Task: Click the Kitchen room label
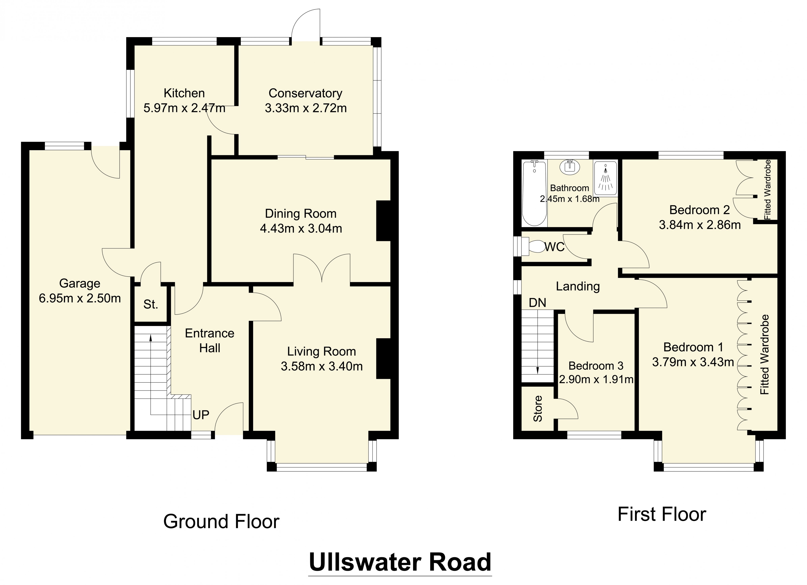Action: [184, 93]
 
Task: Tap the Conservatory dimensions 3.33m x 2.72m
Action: [306, 108]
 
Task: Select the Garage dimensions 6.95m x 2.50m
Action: [80, 298]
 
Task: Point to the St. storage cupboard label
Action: [150, 304]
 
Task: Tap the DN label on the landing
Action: [537, 303]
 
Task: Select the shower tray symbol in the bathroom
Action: [605, 178]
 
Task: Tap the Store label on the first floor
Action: [538, 409]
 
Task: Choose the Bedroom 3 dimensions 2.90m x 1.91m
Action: [596, 379]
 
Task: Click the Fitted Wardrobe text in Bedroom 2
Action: [768, 190]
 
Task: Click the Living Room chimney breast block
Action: [384, 359]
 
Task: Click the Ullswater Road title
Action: [400, 563]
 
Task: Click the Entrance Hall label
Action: [210, 341]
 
